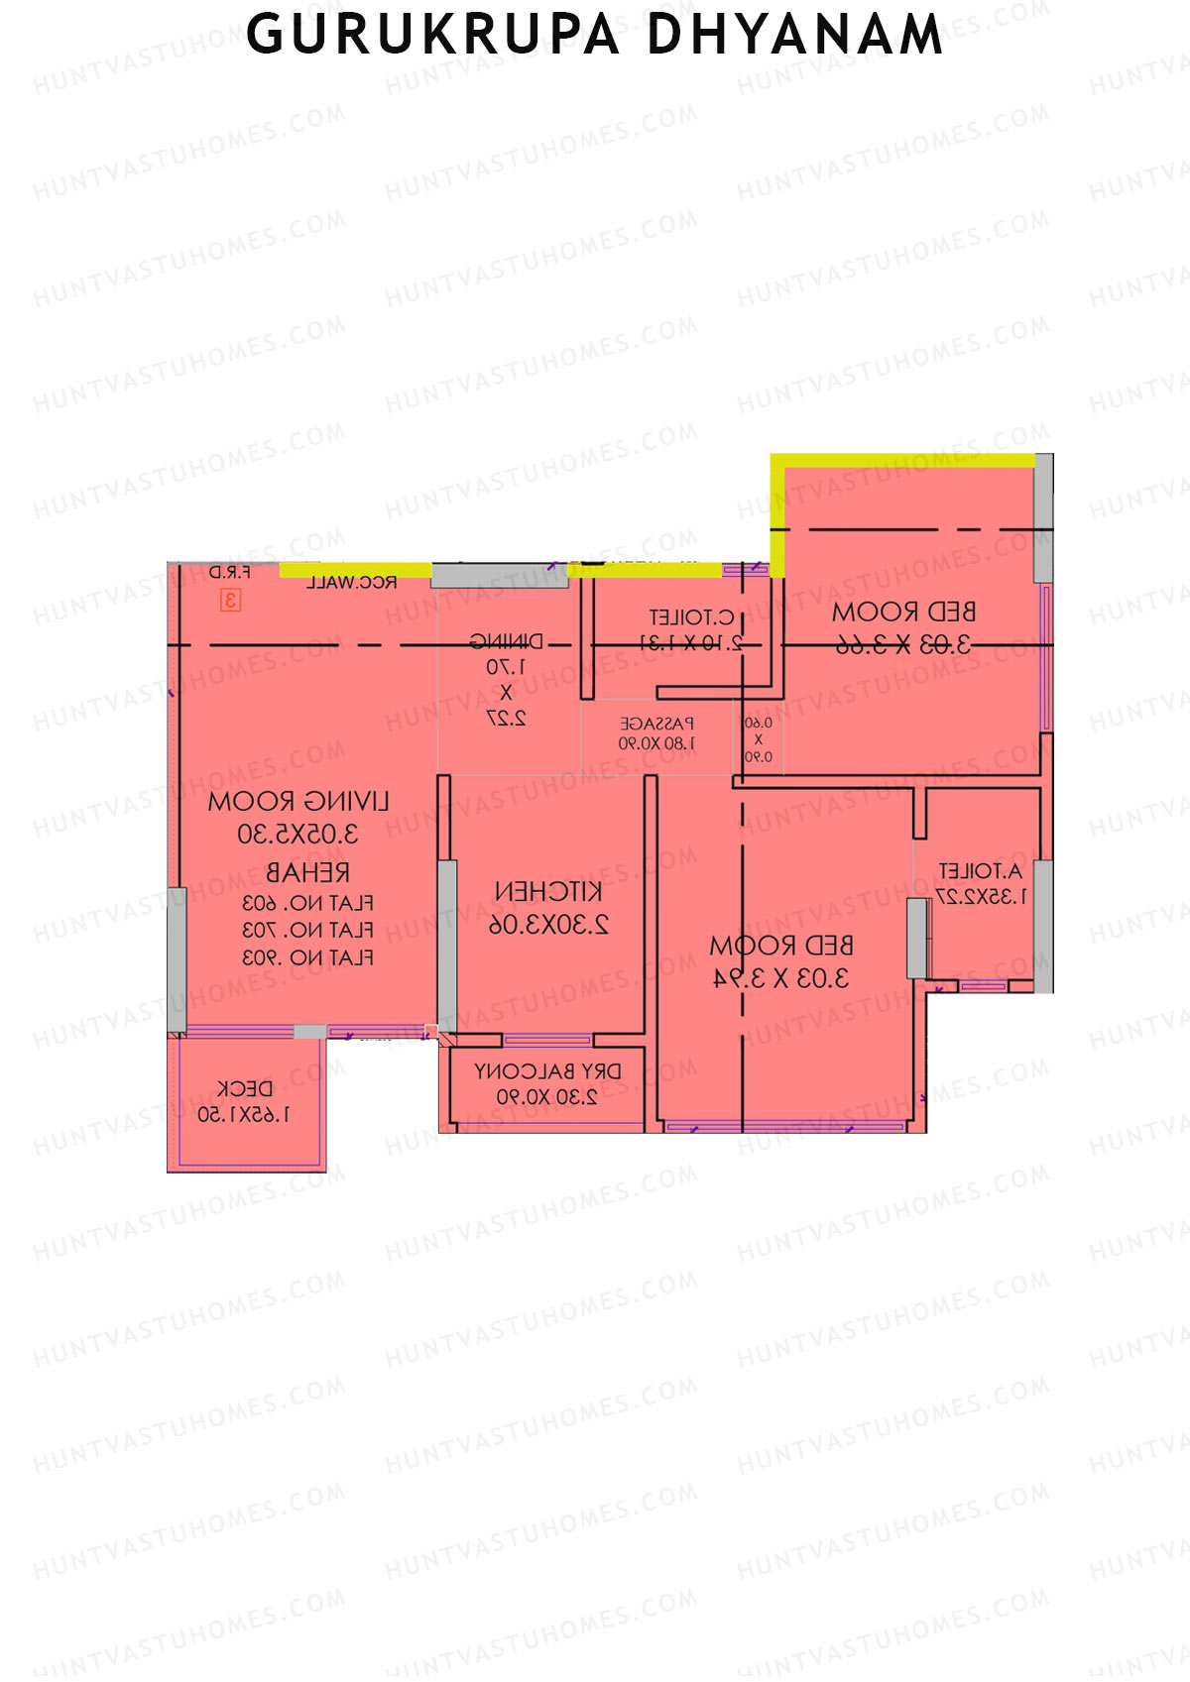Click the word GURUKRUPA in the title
(432, 36)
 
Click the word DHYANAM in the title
(794, 36)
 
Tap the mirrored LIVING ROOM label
(298, 802)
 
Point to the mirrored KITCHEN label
(547, 892)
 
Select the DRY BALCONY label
(547, 1071)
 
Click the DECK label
(244, 1088)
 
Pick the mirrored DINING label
(506, 641)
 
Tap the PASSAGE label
(656, 725)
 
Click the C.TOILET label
(691, 617)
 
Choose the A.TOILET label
(980, 871)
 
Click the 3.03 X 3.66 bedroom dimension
(902, 644)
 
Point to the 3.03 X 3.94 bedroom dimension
(781, 978)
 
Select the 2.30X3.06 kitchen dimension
(548, 925)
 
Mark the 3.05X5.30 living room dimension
(297, 834)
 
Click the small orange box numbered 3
(230, 600)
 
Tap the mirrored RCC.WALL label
(351, 583)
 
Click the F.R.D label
(229, 573)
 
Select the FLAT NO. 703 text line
(307, 931)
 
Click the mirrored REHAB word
(307, 872)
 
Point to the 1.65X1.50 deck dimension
(244, 1115)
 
